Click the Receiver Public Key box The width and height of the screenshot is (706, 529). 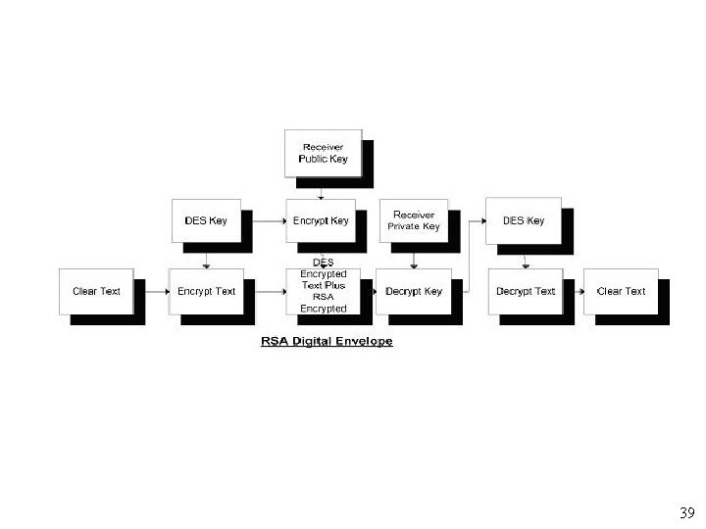(x=323, y=153)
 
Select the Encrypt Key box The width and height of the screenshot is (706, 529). (x=321, y=220)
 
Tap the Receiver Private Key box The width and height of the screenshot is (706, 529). (x=413, y=220)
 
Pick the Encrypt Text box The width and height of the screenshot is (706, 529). (x=206, y=291)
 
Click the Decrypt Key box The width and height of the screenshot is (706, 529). (x=413, y=291)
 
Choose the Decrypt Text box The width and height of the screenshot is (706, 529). (x=525, y=291)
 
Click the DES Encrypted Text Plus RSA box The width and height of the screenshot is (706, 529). (x=323, y=286)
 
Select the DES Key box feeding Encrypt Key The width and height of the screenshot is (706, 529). (x=206, y=220)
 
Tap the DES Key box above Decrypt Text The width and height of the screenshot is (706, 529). (x=523, y=220)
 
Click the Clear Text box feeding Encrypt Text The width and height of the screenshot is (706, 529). (x=96, y=291)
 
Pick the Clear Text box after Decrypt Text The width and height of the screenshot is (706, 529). (x=621, y=291)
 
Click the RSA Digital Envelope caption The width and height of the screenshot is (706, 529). (x=327, y=342)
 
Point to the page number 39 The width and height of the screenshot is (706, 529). (x=686, y=513)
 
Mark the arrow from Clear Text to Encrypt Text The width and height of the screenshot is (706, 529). (x=152, y=291)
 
